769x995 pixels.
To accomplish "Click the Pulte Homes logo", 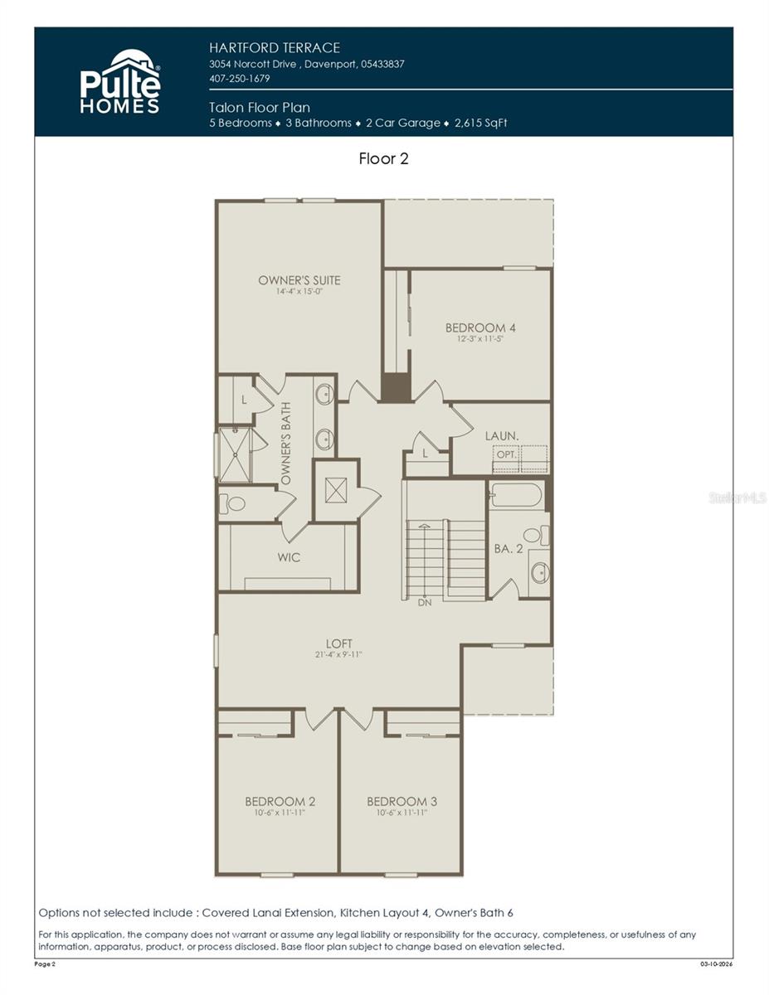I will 120,81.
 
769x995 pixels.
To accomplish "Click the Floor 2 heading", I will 383,158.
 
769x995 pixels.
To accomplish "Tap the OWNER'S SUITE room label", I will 299,280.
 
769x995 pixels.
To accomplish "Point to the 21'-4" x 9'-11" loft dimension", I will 338,655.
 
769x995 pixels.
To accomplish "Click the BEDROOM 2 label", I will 280,801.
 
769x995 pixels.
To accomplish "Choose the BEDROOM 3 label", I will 402,801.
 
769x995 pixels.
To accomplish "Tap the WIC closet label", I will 289,557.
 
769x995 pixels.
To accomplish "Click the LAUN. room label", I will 503,435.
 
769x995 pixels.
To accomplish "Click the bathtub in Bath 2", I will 516,496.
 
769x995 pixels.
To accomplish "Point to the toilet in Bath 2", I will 535,535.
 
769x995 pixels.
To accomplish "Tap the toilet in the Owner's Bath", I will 234,503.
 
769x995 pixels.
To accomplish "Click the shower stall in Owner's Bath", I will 235,454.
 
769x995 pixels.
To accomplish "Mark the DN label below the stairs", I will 425,603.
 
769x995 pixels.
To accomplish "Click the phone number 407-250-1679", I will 240,79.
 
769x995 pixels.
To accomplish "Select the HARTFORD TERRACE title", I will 275,48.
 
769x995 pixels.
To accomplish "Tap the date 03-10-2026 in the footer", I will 715,964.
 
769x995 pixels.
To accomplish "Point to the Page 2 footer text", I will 45,964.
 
